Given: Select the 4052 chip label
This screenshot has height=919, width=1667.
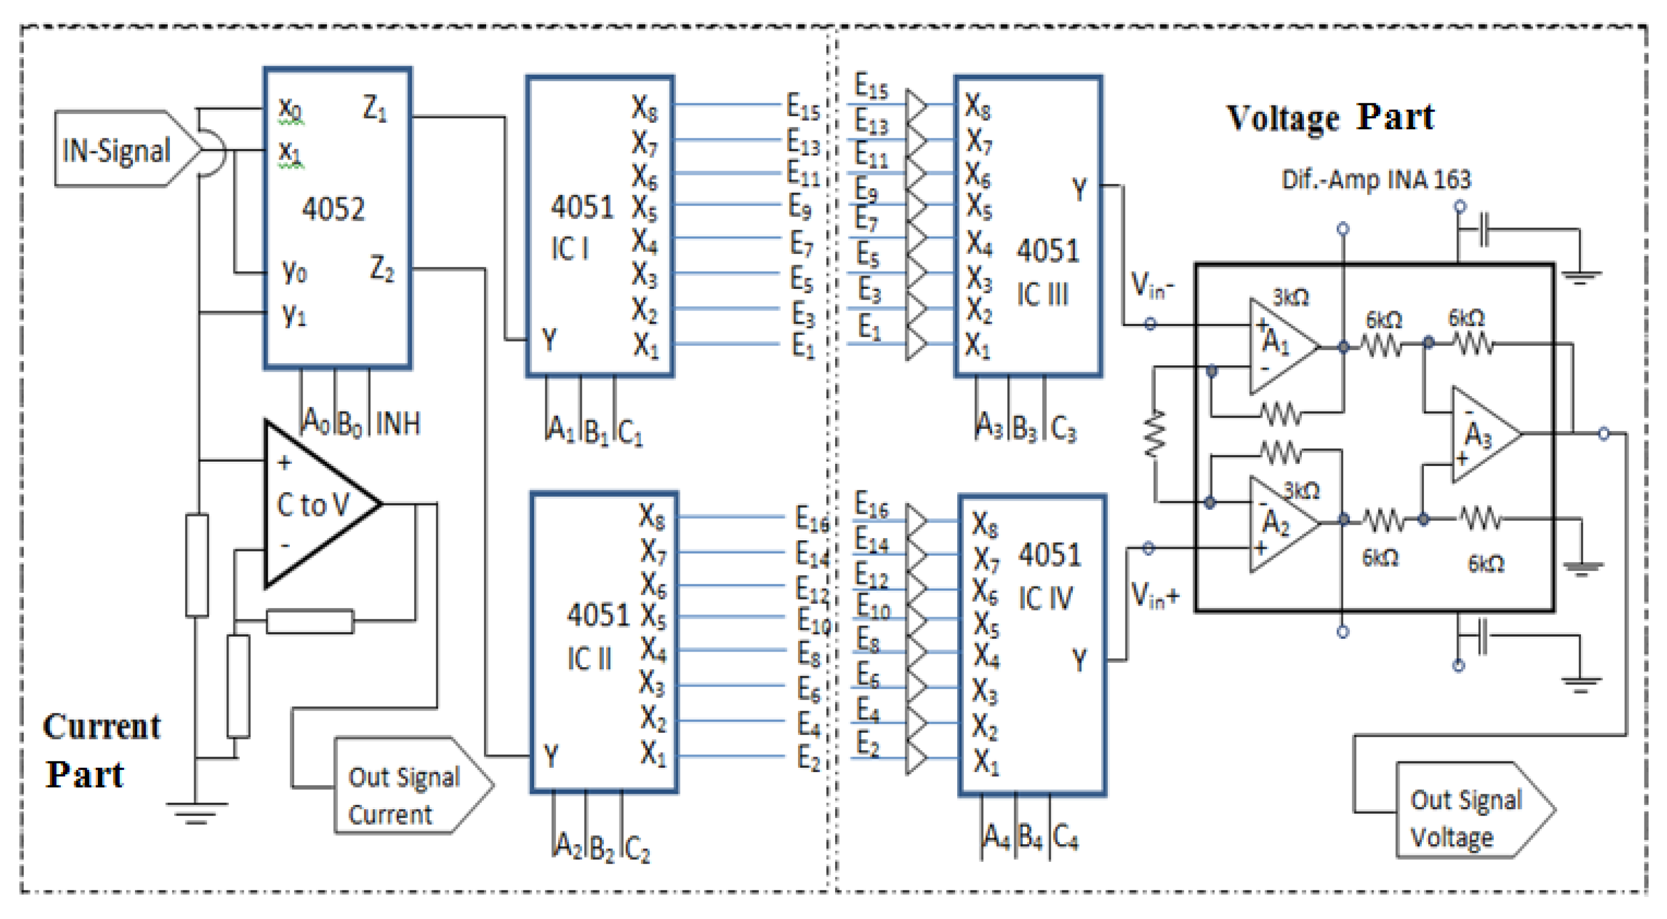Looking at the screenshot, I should (x=333, y=209).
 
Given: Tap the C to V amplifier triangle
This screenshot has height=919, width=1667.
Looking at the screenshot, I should (x=314, y=505).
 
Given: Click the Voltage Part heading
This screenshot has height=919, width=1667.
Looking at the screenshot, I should (x=1330, y=118).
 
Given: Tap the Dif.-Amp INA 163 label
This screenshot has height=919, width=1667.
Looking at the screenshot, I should (x=1376, y=179).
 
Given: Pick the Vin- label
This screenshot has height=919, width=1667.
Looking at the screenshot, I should (x=1152, y=286).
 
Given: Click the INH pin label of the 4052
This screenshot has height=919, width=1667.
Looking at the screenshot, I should (x=397, y=423).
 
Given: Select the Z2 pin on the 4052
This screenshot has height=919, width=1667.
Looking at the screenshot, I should (x=382, y=269).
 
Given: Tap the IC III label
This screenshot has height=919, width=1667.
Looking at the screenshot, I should (x=1042, y=295).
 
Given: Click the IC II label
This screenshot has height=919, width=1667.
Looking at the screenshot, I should (x=589, y=659).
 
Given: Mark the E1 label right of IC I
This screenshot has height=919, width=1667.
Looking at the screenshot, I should (x=803, y=345).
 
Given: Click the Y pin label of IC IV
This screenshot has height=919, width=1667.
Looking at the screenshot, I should (x=1079, y=661).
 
